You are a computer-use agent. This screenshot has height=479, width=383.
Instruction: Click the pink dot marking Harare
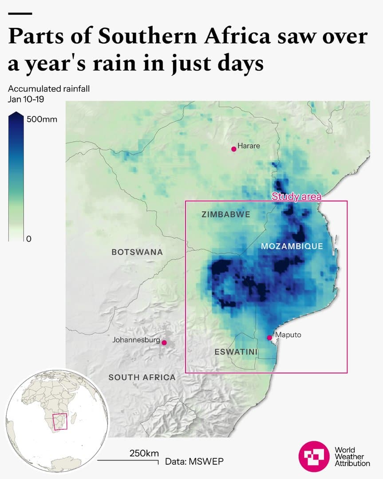(x=234, y=149)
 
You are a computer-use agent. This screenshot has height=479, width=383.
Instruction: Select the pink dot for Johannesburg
(x=164, y=343)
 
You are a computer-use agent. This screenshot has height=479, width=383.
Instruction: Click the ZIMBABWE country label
(x=225, y=214)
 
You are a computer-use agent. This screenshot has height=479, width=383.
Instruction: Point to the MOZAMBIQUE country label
(x=292, y=246)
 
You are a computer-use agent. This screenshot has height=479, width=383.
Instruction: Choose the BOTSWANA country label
(x=137, y=252)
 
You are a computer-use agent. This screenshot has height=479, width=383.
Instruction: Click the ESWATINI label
(x=236, y=352)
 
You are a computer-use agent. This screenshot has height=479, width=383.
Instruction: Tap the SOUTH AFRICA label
(x=142, y=377)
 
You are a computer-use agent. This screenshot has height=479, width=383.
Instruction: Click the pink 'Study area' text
(x=296, y=197)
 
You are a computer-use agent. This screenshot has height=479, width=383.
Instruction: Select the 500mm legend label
(x=42, y=119)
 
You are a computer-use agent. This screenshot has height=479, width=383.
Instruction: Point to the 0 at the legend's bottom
(x=29, y=239)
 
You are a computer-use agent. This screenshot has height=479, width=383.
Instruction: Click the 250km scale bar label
(x=144, y=453)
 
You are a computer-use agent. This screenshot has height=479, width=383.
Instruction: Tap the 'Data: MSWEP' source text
(x=194, y=461)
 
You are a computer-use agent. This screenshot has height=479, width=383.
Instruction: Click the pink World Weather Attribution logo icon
(x=314, y=456)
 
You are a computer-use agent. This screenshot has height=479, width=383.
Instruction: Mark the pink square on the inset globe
(x=60, y=422)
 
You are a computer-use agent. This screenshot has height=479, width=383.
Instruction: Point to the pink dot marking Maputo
(x=269, y=338)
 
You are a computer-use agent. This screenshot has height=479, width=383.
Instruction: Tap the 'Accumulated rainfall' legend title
(x=49, y=89)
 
